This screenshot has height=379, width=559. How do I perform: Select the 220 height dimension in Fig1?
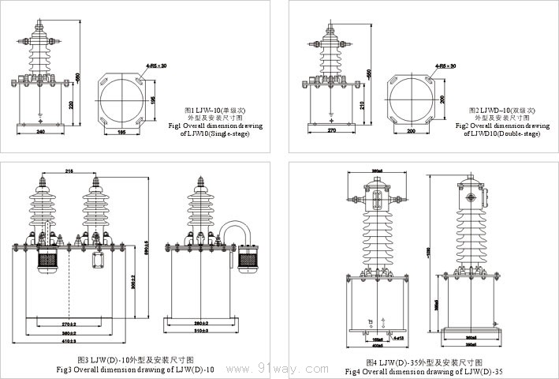pyautogui.click(x=72, y=104)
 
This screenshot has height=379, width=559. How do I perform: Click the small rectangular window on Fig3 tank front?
pyautogui.click(x=99, y=261)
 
